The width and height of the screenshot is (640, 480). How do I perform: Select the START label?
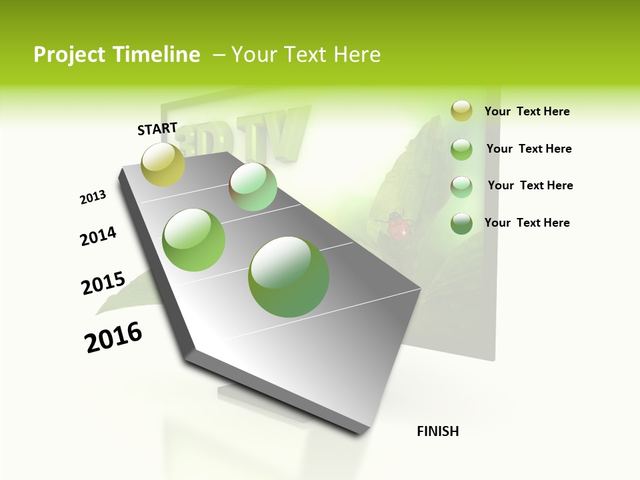tap(157, 129)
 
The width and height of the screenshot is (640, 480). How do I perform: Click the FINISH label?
tap(437, 431)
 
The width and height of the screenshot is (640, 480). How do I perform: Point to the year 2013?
tap(93, 197)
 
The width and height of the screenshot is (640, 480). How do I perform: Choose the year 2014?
tap(98, 237)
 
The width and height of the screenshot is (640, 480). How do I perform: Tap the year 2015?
tap(103, 283)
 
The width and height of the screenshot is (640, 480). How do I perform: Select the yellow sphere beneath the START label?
tap(163, 165)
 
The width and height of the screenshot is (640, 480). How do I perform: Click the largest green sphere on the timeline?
tap(289, 277)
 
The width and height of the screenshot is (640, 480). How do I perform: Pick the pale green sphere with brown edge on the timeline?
tap(253, 187)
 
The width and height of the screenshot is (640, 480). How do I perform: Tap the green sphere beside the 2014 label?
tap(194, 240)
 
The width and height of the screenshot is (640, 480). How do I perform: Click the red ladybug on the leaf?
tap(398, 229)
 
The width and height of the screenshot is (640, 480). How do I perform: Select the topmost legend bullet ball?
tap(461, 111)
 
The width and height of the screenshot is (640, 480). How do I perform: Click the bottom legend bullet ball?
tap(461, 223)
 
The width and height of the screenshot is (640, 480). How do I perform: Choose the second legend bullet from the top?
tap(461, 149)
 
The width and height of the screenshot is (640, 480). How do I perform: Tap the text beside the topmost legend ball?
tap(527, 112)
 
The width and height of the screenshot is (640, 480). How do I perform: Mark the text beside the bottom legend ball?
tap(527, 223)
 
